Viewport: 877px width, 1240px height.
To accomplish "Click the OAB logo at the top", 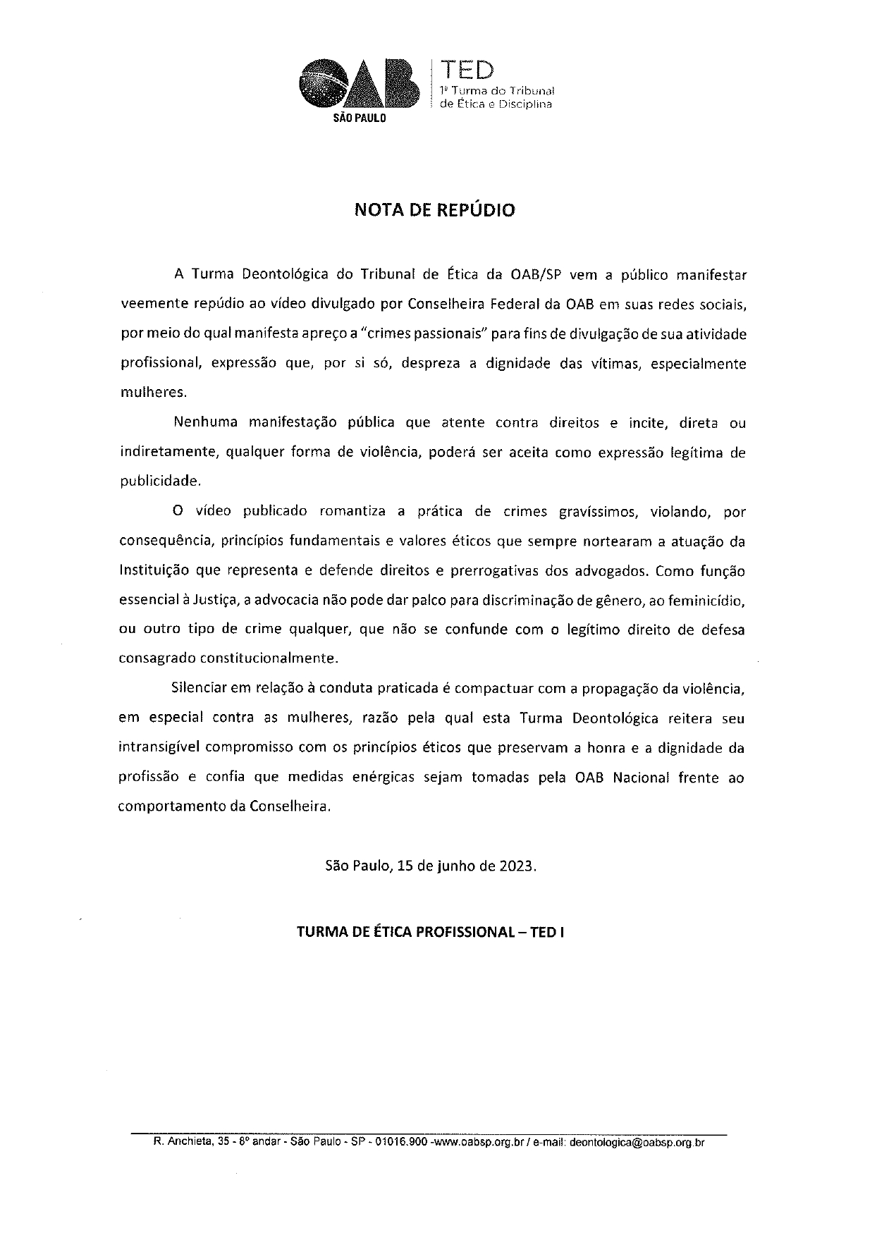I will click(357, 84).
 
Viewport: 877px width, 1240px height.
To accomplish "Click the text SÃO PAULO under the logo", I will click(359, 119).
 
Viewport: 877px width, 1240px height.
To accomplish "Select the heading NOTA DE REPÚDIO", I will click(434, 210).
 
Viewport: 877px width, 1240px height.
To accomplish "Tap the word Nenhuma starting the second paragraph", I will click(204, 424).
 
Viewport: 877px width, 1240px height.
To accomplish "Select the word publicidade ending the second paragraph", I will click(159, 482).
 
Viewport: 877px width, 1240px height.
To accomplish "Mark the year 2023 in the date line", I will click(517, 866).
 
